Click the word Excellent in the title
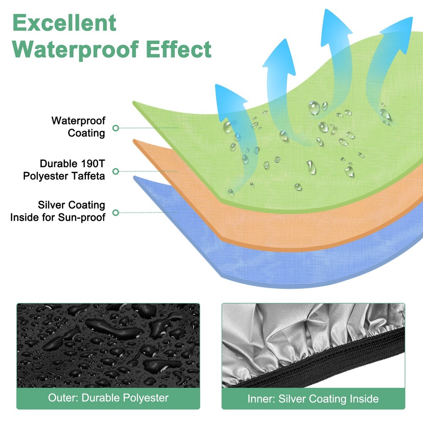click(x=64, y=23)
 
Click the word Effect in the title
click(x=179, y=49)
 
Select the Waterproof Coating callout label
click(x=78, y=127)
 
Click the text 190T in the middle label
click(x=92, y=163)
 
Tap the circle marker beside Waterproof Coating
click(x=116, y=128)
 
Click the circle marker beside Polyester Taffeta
click(x=116, y=171)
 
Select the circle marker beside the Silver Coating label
click(x=116, y=213)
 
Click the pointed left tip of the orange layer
click(x=134, y=140)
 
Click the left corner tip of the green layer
click(x=134, y=102)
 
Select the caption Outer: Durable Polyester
click(x=108, y=398)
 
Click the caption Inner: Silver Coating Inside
click(x=313, y=399)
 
